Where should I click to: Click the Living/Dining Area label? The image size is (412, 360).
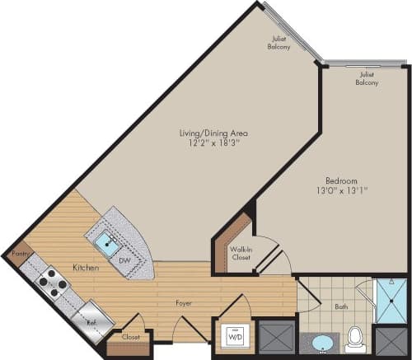pyautogui.click(x=215, y=133)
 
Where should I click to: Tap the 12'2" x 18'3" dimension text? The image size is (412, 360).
pyautogui.click(x=215, y=143)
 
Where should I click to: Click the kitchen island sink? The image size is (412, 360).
pyautogui.click(x=106, y=242)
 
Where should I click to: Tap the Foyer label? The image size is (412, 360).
pyautogui.click(x=184, y=302)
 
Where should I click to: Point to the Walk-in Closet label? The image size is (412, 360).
pyautogui.click(x=241, y=253)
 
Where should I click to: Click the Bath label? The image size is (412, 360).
pyautogui.click(x=340, y=307)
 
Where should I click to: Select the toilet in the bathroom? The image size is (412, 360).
pyautogui.click(x=355, y=339)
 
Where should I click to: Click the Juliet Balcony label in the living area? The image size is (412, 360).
pyautogui.click(x=279, y=42)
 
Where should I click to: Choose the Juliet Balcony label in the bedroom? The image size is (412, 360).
pyautogui.click(x=368, y=78)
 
